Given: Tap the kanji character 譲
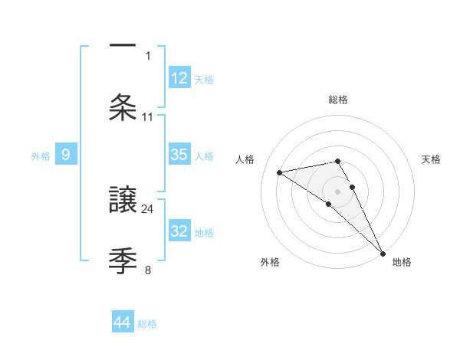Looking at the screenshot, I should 123,199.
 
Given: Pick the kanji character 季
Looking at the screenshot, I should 123,259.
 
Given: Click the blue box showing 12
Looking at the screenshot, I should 179,77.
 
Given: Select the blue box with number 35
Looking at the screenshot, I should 179,155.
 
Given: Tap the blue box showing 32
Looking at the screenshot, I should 179,231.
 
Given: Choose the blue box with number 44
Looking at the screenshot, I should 123,322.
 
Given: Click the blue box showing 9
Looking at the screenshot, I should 66,155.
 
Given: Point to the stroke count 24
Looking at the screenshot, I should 148,208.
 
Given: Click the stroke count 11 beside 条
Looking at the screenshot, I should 148,116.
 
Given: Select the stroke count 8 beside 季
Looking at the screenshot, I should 148,269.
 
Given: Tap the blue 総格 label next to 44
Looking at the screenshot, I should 147,324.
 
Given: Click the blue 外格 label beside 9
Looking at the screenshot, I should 41,156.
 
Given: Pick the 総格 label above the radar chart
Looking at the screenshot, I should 338,100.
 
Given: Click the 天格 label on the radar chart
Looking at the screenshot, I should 432,159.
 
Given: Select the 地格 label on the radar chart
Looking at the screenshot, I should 402,262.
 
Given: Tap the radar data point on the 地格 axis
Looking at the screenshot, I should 383,253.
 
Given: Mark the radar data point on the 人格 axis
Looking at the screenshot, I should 280,172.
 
